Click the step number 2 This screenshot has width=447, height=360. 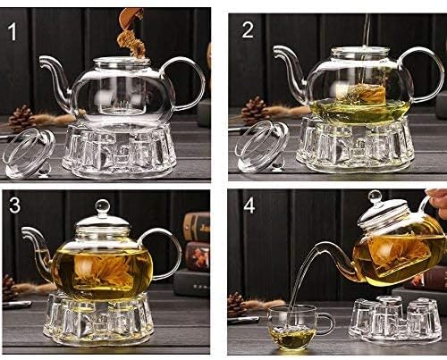248,29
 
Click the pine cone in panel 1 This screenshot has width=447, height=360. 21,118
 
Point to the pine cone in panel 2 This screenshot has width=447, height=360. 254,110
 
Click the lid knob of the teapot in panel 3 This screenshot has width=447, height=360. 102,207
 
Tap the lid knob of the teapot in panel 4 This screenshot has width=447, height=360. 375,197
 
